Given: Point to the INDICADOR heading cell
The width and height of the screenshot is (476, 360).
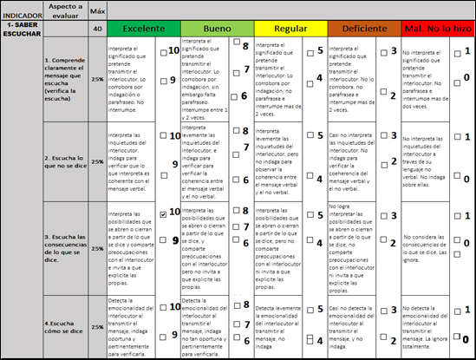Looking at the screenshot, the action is click(21, 15).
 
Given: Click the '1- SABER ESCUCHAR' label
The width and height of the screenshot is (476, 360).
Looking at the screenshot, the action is click(21, 32).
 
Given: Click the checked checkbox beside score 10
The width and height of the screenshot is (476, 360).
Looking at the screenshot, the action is click(165, 212).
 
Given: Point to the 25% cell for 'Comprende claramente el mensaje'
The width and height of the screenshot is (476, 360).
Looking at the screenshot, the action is click(97, 80).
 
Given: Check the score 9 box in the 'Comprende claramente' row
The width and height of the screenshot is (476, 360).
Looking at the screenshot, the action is click(165, 81).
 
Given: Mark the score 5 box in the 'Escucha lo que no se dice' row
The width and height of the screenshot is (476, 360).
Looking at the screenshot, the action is click(310, 136).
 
